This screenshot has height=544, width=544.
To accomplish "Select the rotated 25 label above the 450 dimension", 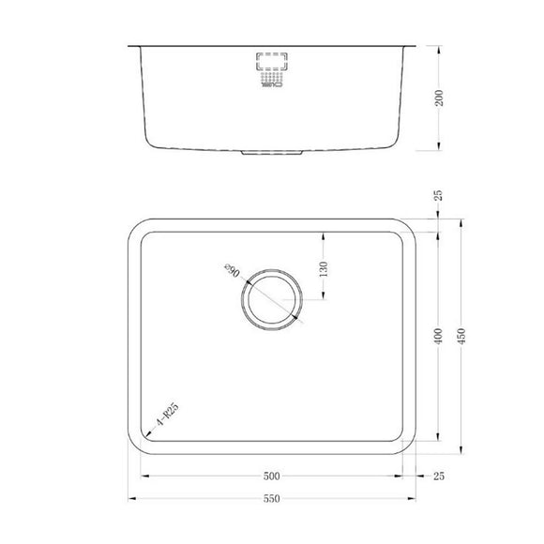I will point(438,196).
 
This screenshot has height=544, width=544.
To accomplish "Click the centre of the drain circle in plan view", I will point(271,301).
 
